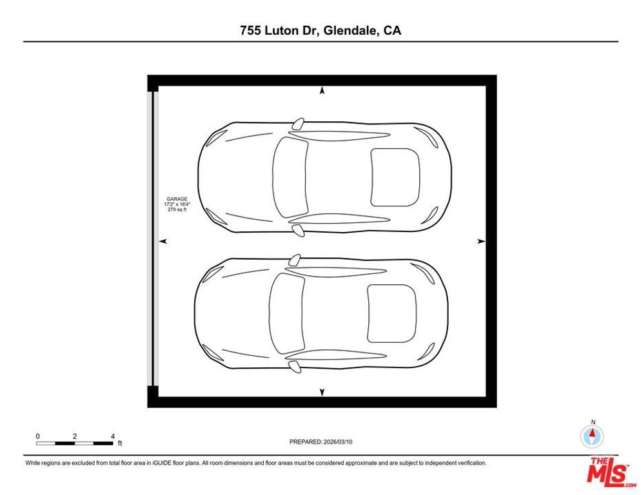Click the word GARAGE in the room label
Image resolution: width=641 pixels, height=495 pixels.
pos(177,199)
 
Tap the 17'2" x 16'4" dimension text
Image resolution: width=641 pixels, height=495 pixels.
pos(177,204)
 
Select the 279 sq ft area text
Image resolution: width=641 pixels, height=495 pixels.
pos(177,209)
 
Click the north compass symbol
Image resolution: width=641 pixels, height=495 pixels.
pos(592,436)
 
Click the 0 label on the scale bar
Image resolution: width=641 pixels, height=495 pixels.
pos(38,436)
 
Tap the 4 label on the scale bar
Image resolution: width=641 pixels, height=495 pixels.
pos(112,436)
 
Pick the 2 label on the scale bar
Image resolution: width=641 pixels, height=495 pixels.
pos(75,436)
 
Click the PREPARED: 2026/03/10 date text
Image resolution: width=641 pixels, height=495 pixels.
pos(321,442)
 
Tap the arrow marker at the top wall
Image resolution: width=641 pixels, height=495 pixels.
pos(322,92)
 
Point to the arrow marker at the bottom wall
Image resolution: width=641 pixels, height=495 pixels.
pos(322,392)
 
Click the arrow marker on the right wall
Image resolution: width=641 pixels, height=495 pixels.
pos(480,241)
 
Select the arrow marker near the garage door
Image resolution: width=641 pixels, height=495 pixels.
pos(163,241)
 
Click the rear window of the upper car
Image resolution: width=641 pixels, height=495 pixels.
pos(395,177)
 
